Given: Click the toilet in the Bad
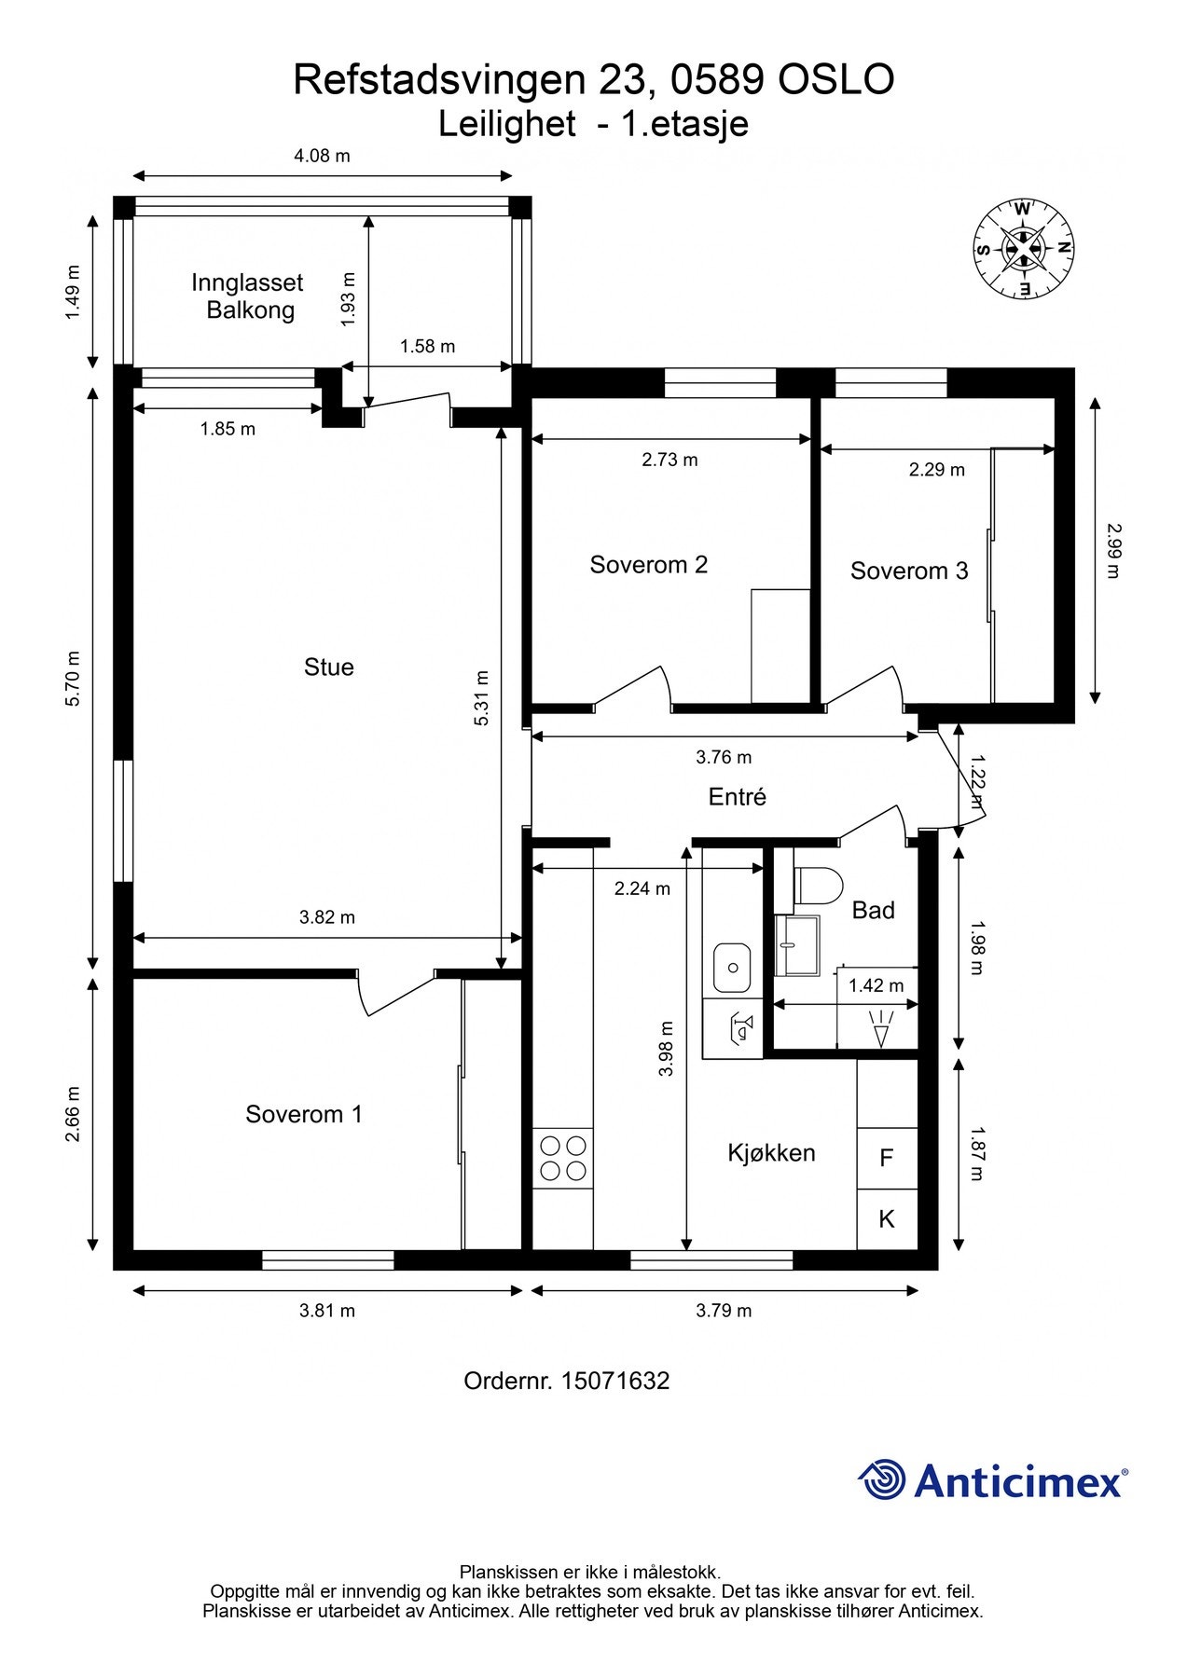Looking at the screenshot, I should [820, 885].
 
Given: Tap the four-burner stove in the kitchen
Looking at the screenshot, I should [563, 1158].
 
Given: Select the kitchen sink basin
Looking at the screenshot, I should [732, 968].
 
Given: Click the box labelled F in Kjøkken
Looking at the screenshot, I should [887, 1158].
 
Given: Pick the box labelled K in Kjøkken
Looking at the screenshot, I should [887, 1218].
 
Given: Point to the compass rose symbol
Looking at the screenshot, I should [1023, 248].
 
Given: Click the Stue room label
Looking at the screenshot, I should [328, 667].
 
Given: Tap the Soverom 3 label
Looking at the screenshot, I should [908, 571].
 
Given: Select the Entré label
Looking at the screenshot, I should [737, 796].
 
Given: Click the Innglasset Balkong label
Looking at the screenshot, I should [248, 296].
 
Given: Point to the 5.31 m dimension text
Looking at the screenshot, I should [481, 698].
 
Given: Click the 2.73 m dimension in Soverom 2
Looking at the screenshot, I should [669, 460].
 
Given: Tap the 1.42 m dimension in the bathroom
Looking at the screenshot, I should [876, 985].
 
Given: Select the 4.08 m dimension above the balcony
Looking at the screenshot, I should [322, 156].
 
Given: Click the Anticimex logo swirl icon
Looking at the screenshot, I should [882, 1479].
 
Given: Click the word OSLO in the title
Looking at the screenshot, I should [835, 80].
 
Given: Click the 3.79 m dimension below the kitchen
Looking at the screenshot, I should [724, 1311].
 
